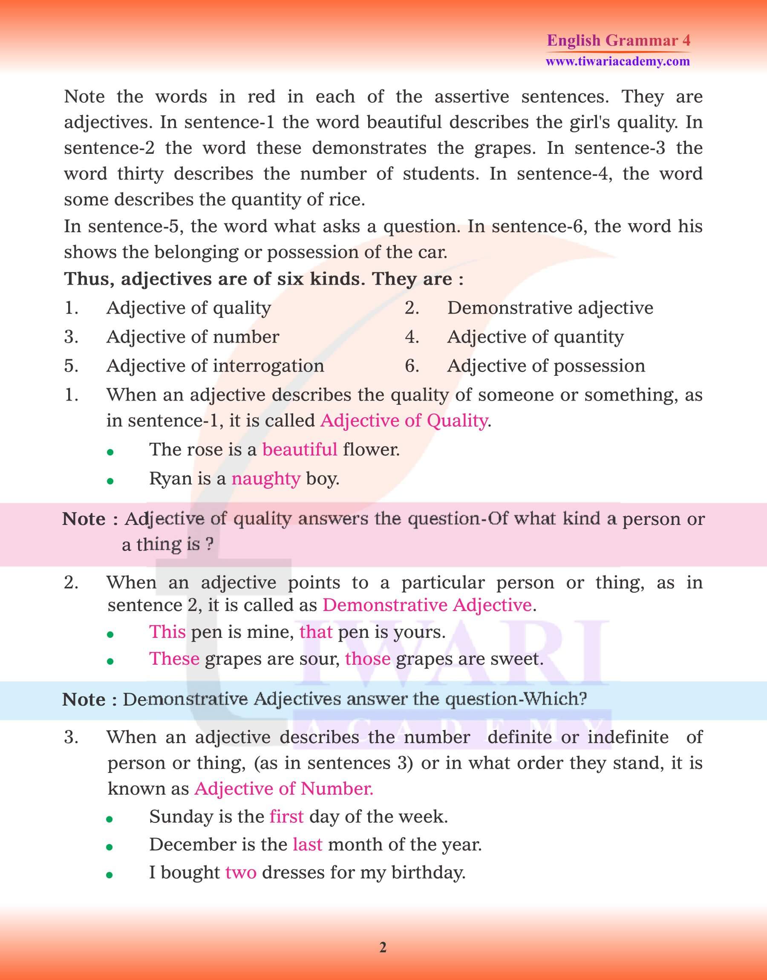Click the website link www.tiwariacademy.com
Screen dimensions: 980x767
[617, 61]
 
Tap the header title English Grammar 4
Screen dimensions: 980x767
[618, 40]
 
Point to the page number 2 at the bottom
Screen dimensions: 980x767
[383, 947]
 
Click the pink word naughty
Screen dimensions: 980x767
[265, 479]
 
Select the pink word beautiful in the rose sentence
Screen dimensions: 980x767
[300, 450]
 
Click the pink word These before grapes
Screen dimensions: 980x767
[174, 659]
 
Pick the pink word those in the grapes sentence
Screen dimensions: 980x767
[368, 659]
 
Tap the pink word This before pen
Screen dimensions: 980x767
[167, 631]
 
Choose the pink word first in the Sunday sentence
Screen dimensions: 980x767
[286, 816]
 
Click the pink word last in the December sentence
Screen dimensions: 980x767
[307, 845]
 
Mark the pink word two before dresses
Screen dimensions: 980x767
[241, 872]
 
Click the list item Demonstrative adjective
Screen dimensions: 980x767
[550, 308]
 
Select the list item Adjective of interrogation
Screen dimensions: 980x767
[215, 366]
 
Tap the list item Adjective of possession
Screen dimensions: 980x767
[546, 366]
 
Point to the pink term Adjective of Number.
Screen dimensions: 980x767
[283, 789]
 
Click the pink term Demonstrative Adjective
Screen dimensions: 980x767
[427, 605]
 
